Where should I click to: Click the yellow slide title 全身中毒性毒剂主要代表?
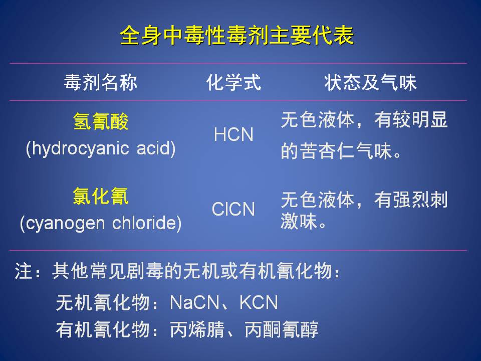237,35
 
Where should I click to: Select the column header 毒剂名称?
101,82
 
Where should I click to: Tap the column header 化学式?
234,82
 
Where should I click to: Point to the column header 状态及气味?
370,82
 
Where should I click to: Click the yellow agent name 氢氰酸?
101,121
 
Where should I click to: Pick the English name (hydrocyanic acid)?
101,148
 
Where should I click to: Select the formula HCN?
234,134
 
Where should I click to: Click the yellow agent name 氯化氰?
101,196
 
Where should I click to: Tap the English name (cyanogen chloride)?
101,223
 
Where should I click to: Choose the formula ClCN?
233,209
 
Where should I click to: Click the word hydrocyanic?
80,148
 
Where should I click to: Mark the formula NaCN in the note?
194,302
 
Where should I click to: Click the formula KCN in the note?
259,302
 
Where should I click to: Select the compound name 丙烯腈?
197,330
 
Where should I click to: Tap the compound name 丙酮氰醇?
282,330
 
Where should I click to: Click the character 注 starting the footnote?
24,271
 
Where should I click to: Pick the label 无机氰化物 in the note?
103,302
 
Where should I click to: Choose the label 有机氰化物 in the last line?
103,330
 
